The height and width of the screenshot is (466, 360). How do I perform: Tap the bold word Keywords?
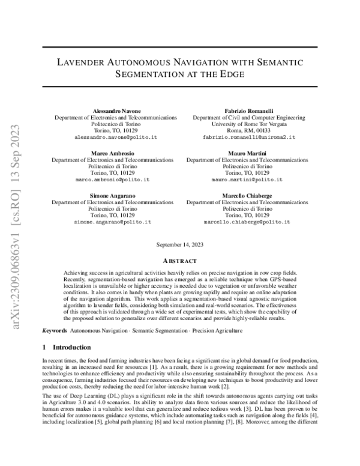55,331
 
